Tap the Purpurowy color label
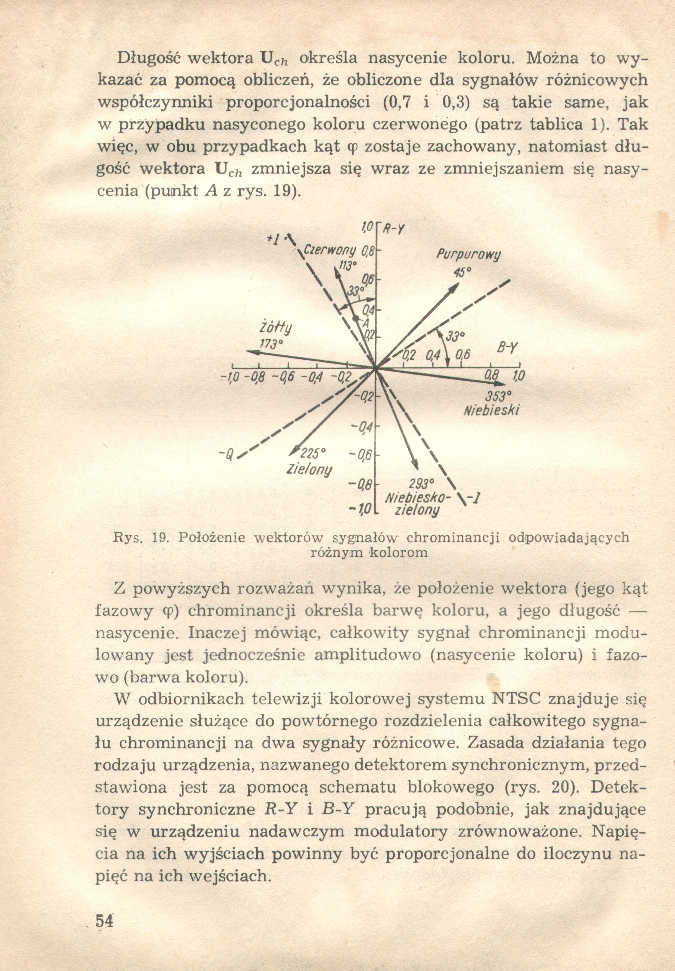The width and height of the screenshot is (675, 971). click(x=468, y=255)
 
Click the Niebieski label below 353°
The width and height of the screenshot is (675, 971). click(x=492, y=411)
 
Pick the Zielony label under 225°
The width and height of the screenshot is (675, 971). click(x=309, y=470)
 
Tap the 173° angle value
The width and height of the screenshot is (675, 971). click(x=271, y=343)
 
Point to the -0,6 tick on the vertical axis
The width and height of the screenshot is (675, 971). click(x=361, y=455)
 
